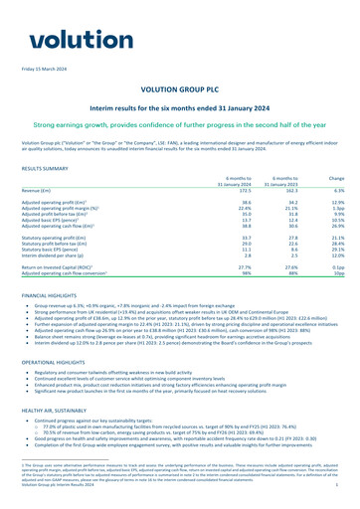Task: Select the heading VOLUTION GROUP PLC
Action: [179, 88]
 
